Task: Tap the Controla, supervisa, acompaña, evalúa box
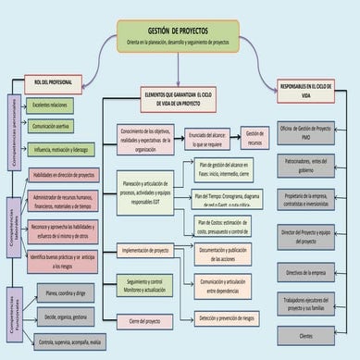coord(68,342)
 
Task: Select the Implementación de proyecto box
coord(146,250)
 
